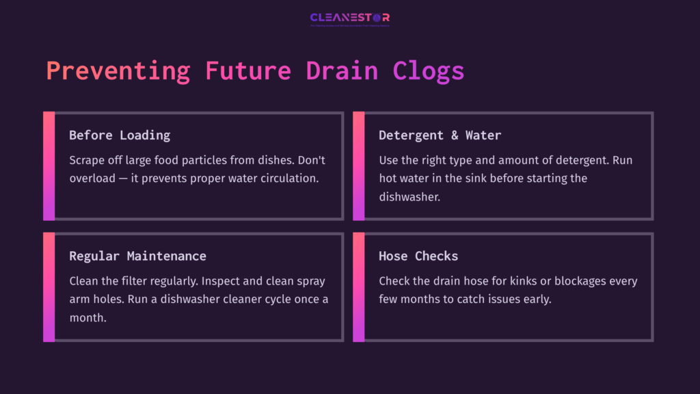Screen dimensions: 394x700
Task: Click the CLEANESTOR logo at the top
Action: pos(349,18)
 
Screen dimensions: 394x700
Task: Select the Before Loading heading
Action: pos(120,135)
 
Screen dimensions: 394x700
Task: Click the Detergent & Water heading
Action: pos(440,135)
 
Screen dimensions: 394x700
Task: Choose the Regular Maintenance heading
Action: pos(137,257)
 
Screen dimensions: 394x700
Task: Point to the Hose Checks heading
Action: pos(418,257)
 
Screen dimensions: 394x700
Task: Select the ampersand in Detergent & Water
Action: pos(455,135)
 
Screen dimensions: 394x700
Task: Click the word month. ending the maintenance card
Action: pos(87,317)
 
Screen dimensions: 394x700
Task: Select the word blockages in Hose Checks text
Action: pos(565,281)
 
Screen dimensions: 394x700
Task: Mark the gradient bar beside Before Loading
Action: pos(49,166)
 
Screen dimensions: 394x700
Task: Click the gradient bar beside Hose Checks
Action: pos(358,287)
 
